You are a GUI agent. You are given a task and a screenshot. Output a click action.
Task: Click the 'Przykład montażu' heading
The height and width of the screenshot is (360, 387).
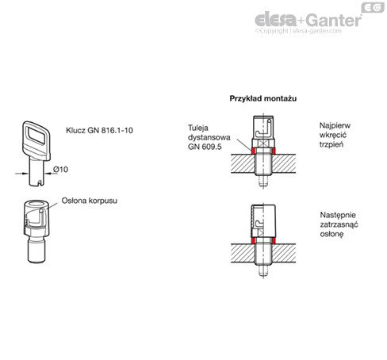pyautogui.click(x=263, y=98)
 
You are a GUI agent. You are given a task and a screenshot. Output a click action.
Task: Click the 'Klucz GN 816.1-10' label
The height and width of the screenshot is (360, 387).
pyautogui.click(x=99, y=130)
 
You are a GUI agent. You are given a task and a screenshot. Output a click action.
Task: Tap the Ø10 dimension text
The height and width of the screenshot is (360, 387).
pyautogui.click(x=60, y=170)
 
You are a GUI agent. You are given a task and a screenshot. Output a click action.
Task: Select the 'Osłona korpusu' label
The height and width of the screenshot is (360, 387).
pyautogui.click(x=90, y=201)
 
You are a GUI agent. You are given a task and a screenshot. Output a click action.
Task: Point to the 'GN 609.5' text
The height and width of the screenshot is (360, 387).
pyautogui.click(x=205, y=147)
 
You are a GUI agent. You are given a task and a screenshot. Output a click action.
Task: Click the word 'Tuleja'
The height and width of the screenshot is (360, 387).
pyautogui.click(x=198, y=128)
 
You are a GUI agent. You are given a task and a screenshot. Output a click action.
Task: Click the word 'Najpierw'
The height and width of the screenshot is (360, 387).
pyautogui.click(x=335, y=125)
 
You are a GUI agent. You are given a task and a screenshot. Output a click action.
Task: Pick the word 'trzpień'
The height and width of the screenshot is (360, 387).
pyautogui.click(x=331, y=144)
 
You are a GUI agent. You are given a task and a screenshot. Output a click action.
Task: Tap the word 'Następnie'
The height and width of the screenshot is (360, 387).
pyautogui.click(x=338, y=215)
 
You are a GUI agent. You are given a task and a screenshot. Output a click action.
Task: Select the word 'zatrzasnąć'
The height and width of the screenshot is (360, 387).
pyautogui.click(x=339, y=224)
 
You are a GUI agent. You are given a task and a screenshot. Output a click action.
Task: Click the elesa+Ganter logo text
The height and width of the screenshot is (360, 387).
pyautogui.click(x=308, y=20)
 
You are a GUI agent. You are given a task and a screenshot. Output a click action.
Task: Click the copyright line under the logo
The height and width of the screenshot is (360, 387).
pyautogui.click(x=298, y=31)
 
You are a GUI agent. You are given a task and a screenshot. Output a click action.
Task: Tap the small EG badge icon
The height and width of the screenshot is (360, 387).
pyautogui.click(x=373, y=7)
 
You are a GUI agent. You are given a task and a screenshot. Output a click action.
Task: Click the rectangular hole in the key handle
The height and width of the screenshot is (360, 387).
pyautogui.click(x=36, y=135)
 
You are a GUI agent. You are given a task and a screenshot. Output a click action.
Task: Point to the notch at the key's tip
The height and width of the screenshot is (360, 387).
pyautogui.click(x=40, y=183)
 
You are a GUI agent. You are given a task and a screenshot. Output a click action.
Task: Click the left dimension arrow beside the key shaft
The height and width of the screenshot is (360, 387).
pyautogui.click(x=21, y=174)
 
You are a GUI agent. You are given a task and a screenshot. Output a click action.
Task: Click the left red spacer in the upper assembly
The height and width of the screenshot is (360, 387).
pyautogui.click(x=253, y=151)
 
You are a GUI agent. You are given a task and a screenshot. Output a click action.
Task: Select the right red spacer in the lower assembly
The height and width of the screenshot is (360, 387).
pyautogui.click(x=274, y=240)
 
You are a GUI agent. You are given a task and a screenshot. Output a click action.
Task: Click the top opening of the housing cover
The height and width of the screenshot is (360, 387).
pyautogui.click(x=36, y=204)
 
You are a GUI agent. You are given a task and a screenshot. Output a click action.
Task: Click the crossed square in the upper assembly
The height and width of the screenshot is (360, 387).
pyautogui.click(x=262, y=144)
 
